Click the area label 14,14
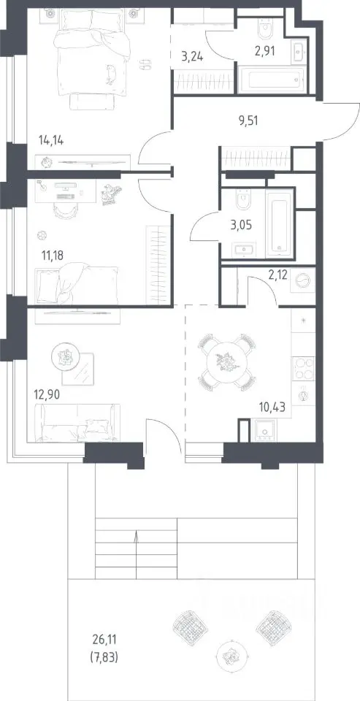tap(51, 141)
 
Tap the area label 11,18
tap(53, 256)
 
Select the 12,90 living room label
tap(47, 395)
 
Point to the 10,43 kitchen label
tap(272, 407)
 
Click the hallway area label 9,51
tap(248, 120)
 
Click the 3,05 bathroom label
tap(241, 225)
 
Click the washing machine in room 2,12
tap(302, 280)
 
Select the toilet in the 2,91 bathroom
tap(265, 28)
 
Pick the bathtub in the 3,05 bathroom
tap(279, 222)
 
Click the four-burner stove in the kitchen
tap(304, 368)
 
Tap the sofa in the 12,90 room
tap(77, 423)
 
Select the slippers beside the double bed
tap(145, 64)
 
